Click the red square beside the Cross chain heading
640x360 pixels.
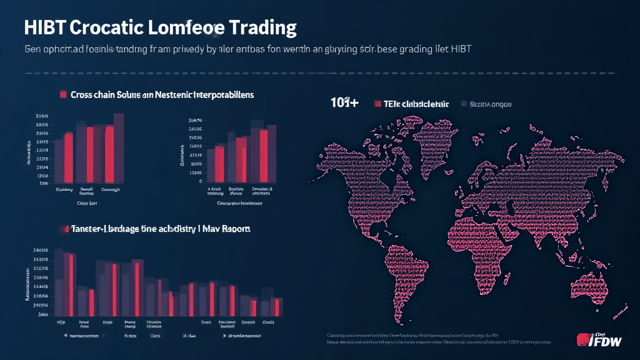tap(63, 94)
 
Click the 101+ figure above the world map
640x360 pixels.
tap(344, 104)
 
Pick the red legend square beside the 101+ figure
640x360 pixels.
tap(377, 104)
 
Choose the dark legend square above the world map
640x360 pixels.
tap(464, 104)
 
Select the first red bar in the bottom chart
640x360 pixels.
tap(71, 284)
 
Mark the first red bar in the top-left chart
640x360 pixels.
tap(69, 159)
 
